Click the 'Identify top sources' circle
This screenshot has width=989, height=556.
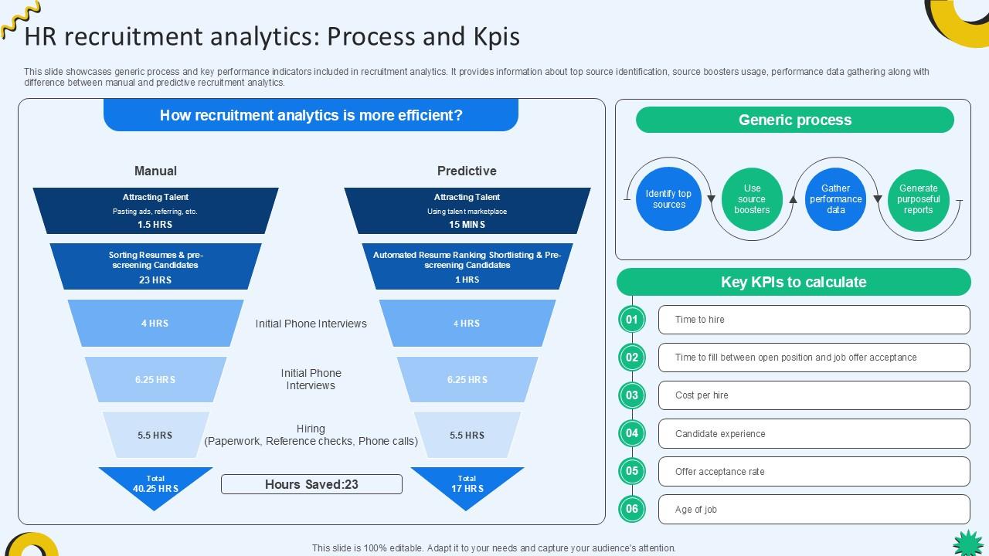coord(668,199)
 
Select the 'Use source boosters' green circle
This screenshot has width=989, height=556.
coord(752,199)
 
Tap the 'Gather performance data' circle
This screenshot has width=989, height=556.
coord(835,199)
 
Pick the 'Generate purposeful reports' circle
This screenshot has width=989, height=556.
coord(919,199)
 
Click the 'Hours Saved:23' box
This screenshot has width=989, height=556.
coord(311,484)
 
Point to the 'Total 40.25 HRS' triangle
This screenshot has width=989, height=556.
coord(155,485)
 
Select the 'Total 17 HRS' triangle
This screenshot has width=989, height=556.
coord(467,485)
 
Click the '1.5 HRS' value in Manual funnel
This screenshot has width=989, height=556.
coord(155,225)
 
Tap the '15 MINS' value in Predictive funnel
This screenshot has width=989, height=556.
coord(467,225)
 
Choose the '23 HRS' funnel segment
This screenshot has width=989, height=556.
coord(155,266)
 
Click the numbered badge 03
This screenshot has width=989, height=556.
coord(632,395)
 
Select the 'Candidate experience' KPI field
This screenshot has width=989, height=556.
coord(814,433)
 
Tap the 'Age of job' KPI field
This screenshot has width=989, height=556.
coord(814,509)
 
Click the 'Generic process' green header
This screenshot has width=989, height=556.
coord(794,120)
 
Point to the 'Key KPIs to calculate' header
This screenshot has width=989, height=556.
coord(794,282)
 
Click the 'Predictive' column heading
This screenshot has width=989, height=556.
coord(467,171)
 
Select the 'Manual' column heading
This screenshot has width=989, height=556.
coord(155,171)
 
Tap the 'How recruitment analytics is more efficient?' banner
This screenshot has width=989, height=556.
coord(311,115)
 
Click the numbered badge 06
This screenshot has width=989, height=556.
coord(632,509)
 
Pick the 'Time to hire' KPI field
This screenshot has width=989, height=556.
coord(814,320)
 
